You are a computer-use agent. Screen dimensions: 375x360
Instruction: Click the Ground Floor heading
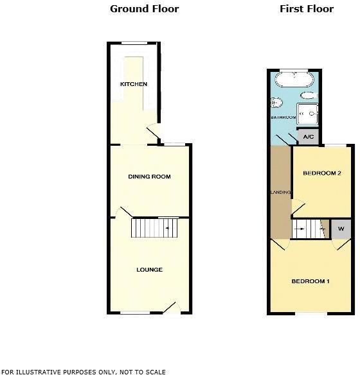144,9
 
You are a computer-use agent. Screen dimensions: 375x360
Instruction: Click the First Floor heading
307,9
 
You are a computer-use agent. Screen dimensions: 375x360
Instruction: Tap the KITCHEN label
133,84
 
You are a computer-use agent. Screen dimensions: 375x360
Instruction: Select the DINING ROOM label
149,177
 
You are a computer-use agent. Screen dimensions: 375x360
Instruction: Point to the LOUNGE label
149,270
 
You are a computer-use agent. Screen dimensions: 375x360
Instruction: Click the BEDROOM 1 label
310,281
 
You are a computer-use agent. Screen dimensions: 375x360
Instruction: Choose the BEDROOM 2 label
321,173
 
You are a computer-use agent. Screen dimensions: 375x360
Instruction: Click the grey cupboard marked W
341,229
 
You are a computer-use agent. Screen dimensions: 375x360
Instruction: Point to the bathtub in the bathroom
294,81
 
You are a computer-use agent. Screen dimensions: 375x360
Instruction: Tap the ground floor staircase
154,228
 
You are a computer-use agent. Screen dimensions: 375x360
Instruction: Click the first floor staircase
310,228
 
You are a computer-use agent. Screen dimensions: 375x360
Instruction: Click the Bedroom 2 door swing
297,207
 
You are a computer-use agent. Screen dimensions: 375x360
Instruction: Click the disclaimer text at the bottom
84,371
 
